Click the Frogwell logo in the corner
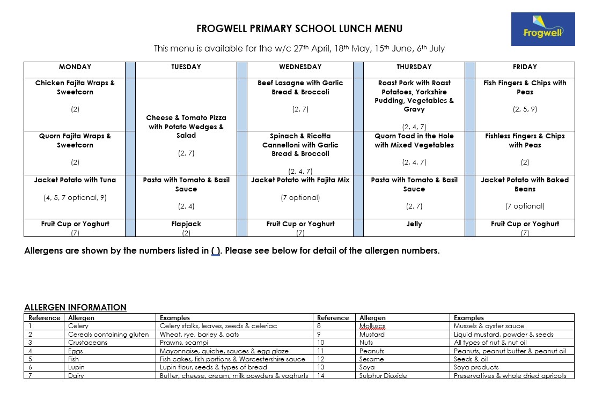pos(542,29)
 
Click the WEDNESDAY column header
pos(300,67)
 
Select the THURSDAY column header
pos(414,67)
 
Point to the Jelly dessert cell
pos(414,224)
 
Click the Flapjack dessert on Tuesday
pos(186,224)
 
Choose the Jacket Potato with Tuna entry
pos(75,180)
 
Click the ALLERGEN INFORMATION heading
pos(75,308)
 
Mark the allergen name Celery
pos(78,326)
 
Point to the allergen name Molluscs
pos(372,326)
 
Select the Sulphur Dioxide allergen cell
pos(383,376)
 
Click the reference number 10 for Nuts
pos(321,343)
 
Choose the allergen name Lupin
pos(76,367)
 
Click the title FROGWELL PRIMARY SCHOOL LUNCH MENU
pos(299,29)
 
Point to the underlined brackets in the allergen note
pos(216,250)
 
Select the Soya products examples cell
pos(476,367)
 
